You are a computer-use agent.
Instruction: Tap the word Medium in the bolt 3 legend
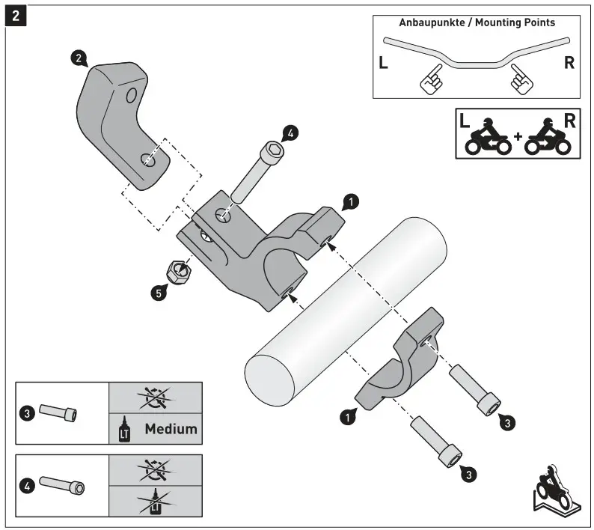click(x=171, y=429)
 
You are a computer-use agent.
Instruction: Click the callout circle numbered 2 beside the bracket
click(x=77, y=58)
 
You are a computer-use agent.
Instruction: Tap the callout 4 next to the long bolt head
click(x=290, y=133)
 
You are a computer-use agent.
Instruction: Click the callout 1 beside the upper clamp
click(x=350, y=200)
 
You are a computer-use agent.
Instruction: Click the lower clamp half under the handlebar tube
click(x=400, y=359)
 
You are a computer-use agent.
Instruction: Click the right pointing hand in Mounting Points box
click(x=521, y=79)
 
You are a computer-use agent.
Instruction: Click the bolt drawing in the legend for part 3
click(x=58, y=412)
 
